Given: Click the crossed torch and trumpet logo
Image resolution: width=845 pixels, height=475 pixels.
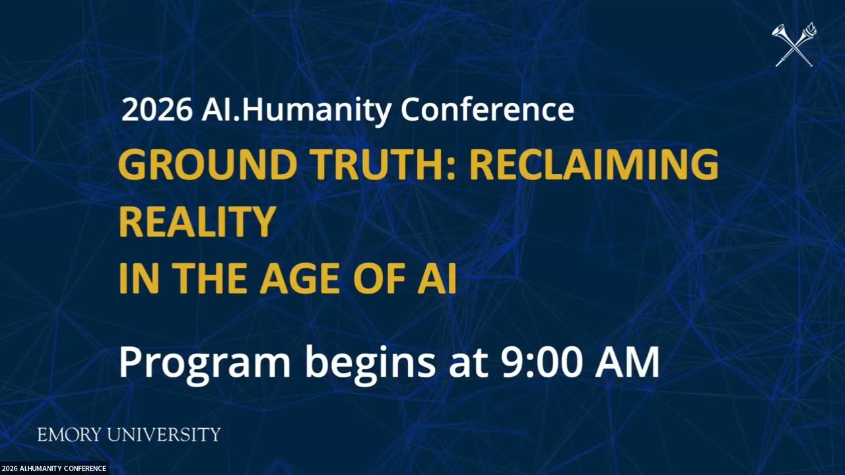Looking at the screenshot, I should [795, 45].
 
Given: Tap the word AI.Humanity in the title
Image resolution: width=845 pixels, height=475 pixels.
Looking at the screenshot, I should [296, 110].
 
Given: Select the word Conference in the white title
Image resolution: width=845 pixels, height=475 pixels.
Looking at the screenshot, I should [487, 110].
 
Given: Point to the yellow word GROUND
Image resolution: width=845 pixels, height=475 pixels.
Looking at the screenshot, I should [207, 165].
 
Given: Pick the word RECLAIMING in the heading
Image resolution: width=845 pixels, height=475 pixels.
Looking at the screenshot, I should [593, 165].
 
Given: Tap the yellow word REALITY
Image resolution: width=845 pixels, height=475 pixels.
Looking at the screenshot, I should [197, 222].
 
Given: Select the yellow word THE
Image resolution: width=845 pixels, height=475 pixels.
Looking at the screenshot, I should [212, 278].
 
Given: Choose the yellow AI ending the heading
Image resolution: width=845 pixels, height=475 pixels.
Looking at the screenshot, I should [436, 278].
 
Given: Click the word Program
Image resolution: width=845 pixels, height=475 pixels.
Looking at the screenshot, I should [205, 364].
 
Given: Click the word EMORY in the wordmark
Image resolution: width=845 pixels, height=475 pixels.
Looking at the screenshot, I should [69, 435].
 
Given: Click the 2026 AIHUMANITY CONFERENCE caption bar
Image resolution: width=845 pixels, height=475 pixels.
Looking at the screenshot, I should [54, 468].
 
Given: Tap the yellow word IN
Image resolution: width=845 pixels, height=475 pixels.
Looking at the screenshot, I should [137, 278].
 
